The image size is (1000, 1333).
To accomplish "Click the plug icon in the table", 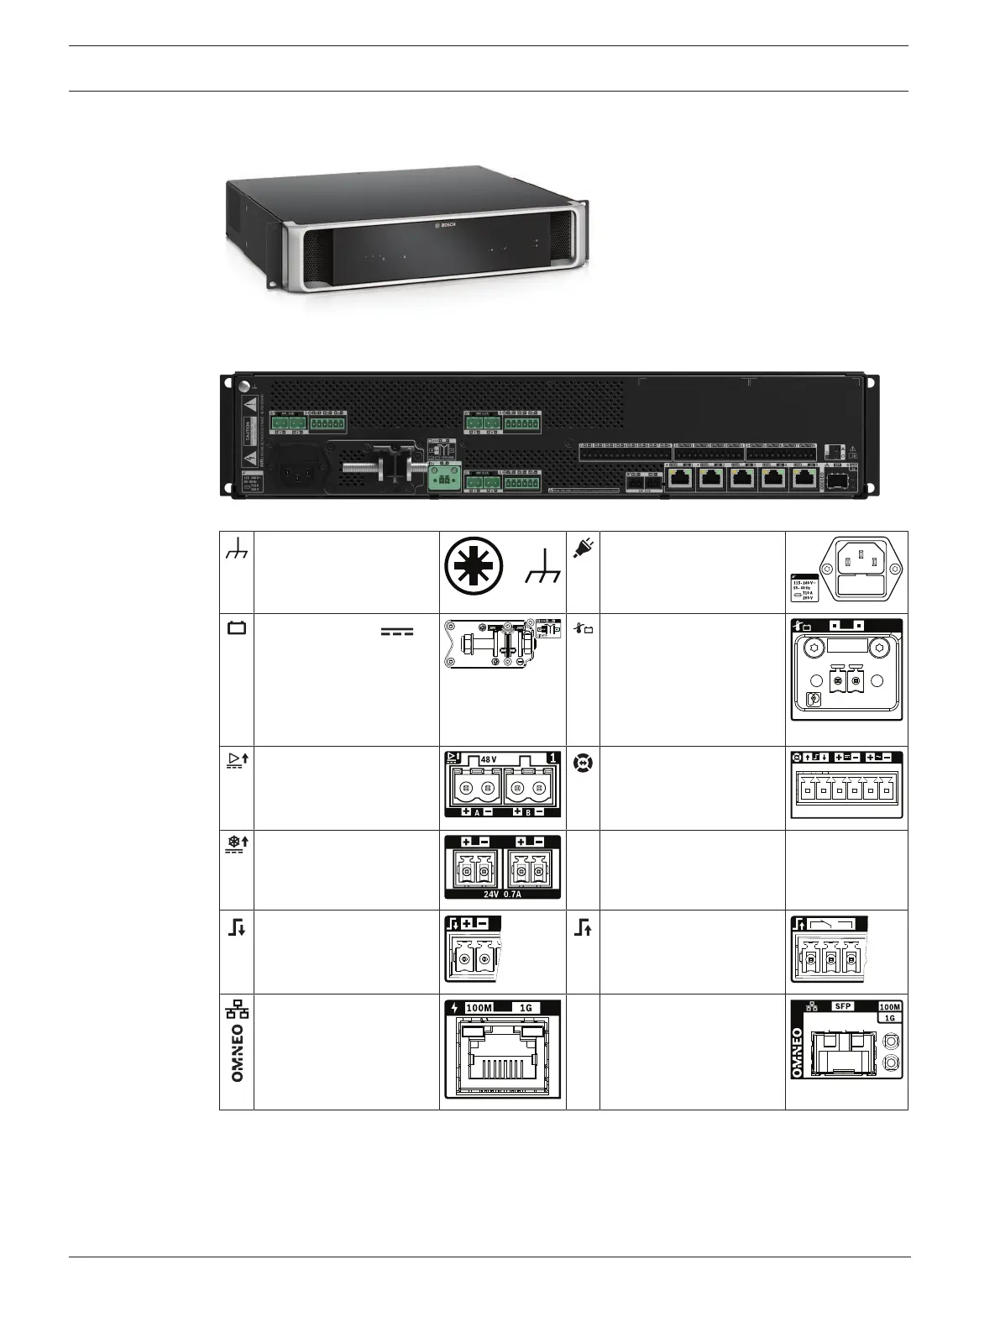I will (581, 548).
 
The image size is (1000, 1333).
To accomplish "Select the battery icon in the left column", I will (237, 627).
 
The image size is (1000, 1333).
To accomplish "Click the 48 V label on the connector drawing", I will (489, 759).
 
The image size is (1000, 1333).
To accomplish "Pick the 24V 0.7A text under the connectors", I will (502, 894).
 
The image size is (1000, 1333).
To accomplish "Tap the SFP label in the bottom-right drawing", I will (842, 1005).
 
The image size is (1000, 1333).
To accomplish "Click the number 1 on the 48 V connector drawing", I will (552, 758).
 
